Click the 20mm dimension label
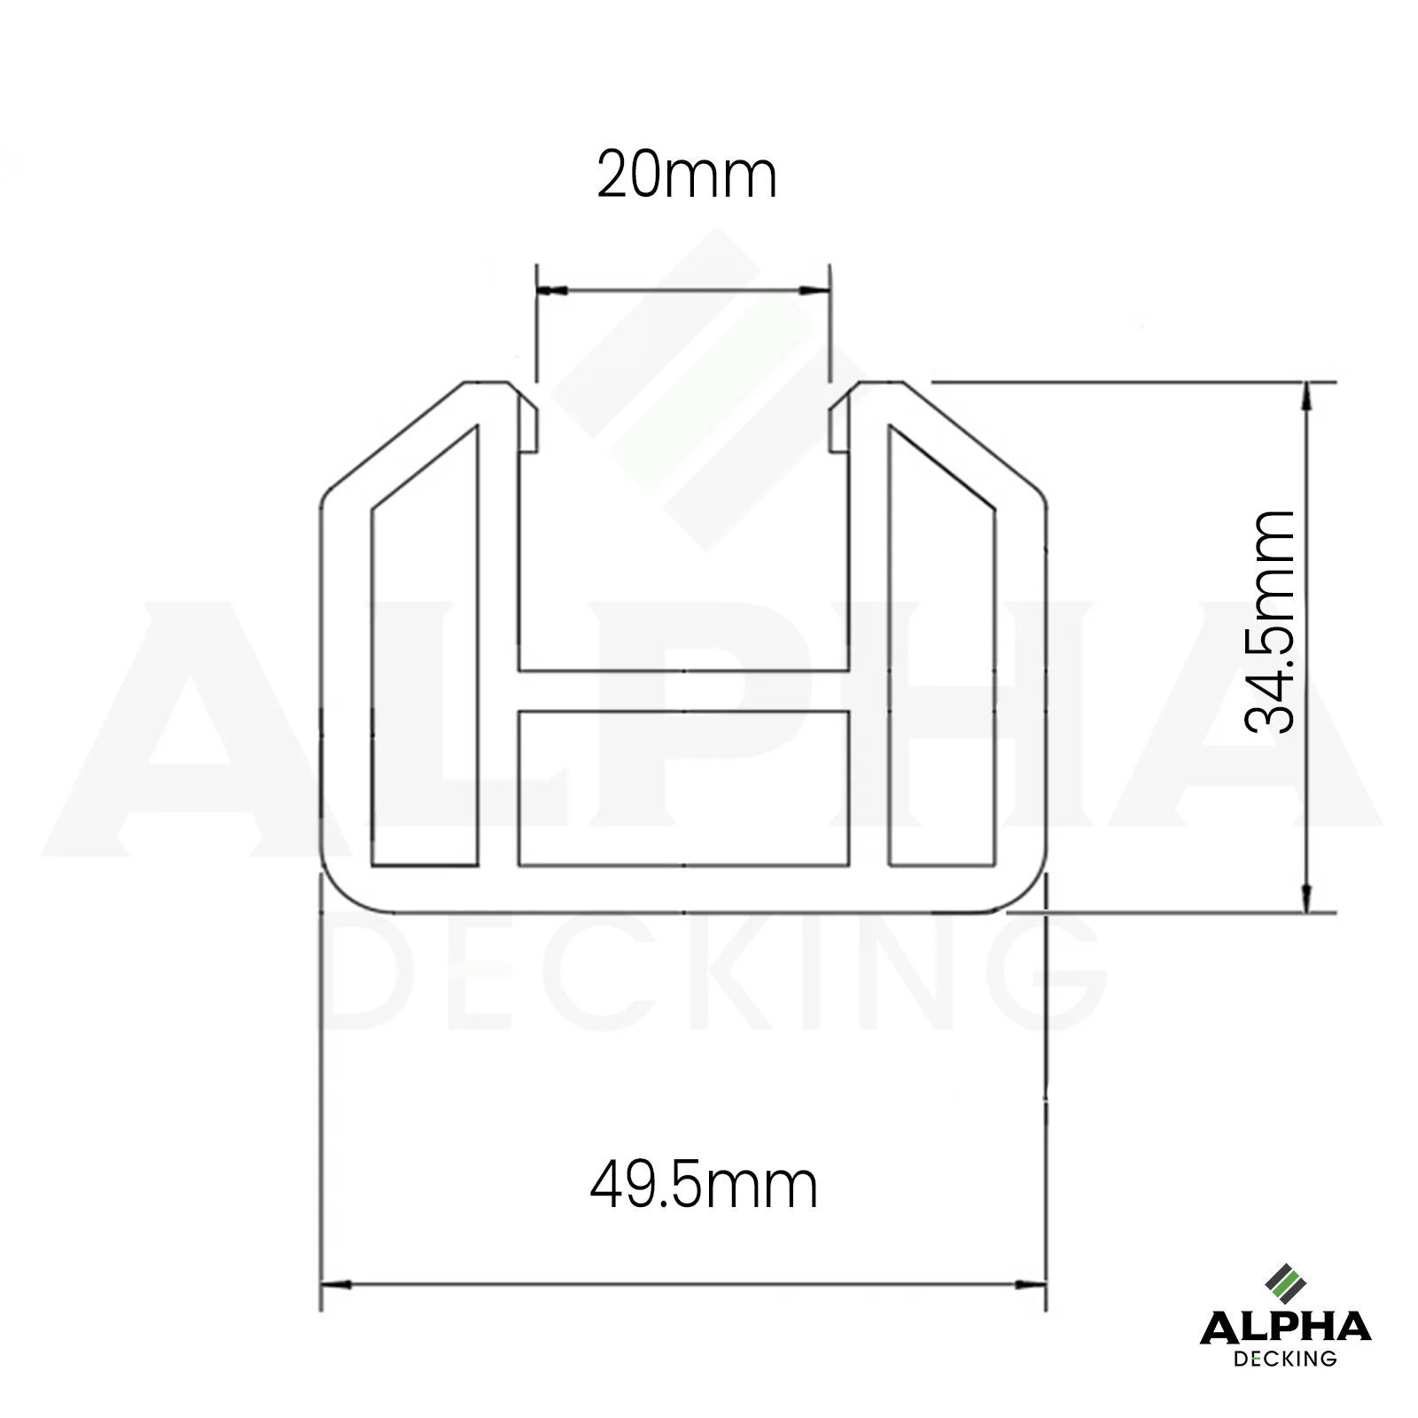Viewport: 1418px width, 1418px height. [687, 175]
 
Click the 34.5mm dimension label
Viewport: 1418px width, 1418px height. [1270, 622]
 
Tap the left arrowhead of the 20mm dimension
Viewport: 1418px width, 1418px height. [551, 290]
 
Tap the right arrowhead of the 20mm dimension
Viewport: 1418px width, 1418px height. [814, 290]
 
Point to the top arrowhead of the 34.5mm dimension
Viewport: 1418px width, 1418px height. [1306, 396]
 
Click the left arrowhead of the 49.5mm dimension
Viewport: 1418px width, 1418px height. [336, 1283]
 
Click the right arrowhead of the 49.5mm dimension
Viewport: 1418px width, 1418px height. [1031, 1283]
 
